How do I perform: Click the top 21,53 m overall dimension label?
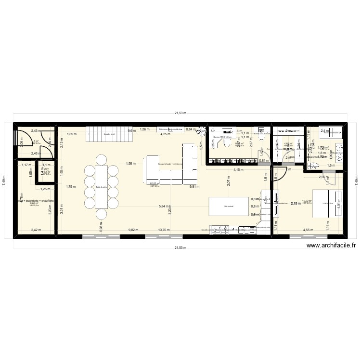(x=180, y=114)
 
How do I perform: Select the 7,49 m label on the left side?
(x=4, y=180)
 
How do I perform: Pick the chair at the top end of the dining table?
(x=102, y=159)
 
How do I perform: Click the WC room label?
(x=46, y=169)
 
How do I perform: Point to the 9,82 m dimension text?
(x=132, y=230)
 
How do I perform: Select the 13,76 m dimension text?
(x=164, y=230)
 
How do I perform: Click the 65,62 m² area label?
(x=155, y=183)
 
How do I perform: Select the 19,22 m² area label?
(x=307, y=201)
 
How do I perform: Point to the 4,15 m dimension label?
(x=238, y=169)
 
